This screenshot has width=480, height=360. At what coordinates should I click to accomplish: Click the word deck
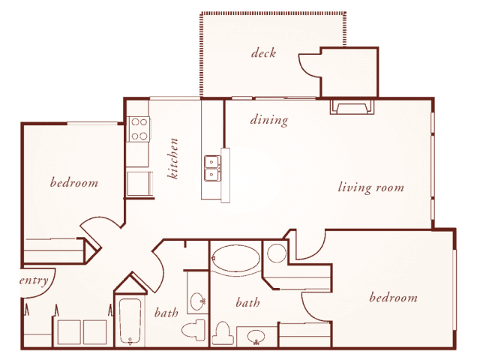click(263, 53)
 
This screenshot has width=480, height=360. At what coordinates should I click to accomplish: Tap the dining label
click(269, 120)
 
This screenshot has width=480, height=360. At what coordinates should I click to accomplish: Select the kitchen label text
click(172, 158)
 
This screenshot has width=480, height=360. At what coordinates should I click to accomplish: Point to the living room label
click(370, 187)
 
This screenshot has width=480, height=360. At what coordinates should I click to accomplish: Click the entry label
click(34, 280)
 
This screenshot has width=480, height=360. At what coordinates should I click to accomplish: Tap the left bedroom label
click(74, 182)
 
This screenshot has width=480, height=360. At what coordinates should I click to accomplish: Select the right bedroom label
click(393, 297)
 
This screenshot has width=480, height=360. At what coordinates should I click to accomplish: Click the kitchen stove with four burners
click(139, 129)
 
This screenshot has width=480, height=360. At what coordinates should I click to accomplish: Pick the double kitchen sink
click(212, 168)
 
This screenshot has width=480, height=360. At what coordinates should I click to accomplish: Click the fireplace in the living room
click(352, 106)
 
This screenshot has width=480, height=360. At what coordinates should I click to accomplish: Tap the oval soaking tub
click(235, 258)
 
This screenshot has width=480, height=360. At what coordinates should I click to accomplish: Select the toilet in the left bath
click(193, 330)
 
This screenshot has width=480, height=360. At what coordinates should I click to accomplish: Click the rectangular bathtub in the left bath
click(130, 321)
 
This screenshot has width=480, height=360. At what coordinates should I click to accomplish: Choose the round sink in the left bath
click(197, 301)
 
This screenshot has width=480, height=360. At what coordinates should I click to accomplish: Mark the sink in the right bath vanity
click(256, 337)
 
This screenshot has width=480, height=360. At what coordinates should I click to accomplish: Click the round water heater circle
click(277, 253)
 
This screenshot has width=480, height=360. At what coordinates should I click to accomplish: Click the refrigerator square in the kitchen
click(139, 184)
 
